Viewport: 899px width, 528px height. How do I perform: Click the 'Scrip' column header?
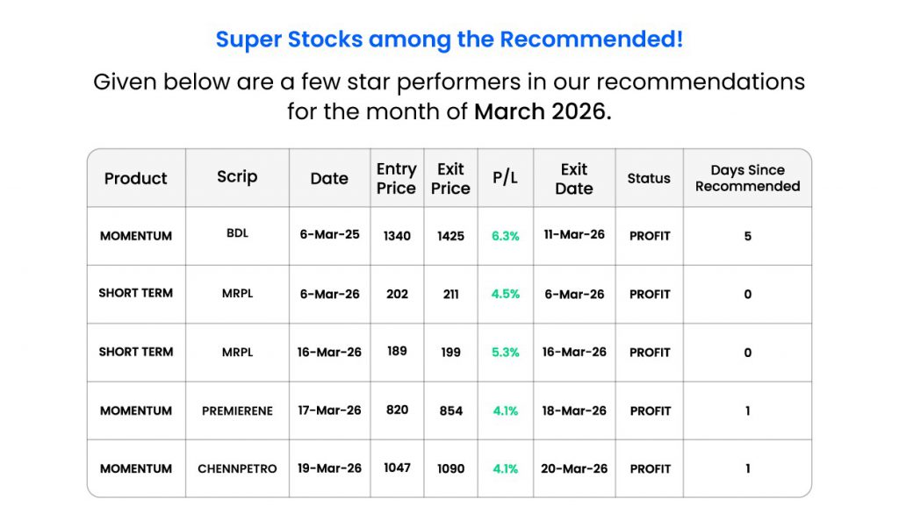[x=237, y=177]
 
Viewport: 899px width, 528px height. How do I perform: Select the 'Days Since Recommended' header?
[x=747, y=178]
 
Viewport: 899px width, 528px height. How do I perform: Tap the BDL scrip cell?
[x=237, y=233]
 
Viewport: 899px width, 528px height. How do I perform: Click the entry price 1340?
[x=397, y=236]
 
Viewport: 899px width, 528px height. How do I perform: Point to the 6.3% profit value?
[x=505, y=236]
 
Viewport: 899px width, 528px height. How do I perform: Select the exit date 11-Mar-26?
[x=574, y=234]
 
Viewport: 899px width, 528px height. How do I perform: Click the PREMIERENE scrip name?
[x=237, y=410]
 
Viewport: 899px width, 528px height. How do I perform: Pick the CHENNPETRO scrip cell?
[x=237, y=468]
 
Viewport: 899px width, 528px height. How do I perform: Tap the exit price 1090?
[x=450, y=468]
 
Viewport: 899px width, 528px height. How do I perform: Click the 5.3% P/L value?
[x=505, y=353]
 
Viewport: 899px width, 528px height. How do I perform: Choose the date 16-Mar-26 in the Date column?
[x=329, y=353]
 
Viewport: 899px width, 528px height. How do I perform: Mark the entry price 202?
[x=397, y=294]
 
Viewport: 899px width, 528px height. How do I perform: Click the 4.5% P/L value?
[x=505, y=294]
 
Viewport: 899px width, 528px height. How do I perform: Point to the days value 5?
[x=748, y=236]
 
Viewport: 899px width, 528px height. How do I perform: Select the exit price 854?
[x=450, y=410]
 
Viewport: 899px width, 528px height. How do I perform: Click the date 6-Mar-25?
[x=329, y=234]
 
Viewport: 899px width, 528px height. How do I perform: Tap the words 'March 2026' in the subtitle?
[x=543, y=111]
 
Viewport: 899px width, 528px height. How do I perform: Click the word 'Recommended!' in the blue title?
[x=591, y=39]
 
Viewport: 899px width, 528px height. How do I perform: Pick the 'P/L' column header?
[x=505, y=178]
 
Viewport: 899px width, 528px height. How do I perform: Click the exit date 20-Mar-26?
[x=574, y=468]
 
